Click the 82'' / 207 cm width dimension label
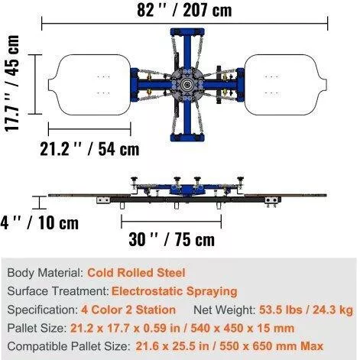click(184, 10)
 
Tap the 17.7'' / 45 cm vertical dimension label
click(12, 83)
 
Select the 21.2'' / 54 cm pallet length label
click(89, 149)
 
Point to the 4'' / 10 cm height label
click(40, 222)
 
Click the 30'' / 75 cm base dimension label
click(172, 239)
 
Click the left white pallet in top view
click(89, 85)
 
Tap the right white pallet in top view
click(286, 85)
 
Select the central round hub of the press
click(187, 85)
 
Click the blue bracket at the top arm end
click(187, 32)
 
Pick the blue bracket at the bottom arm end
click(187, 138)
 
